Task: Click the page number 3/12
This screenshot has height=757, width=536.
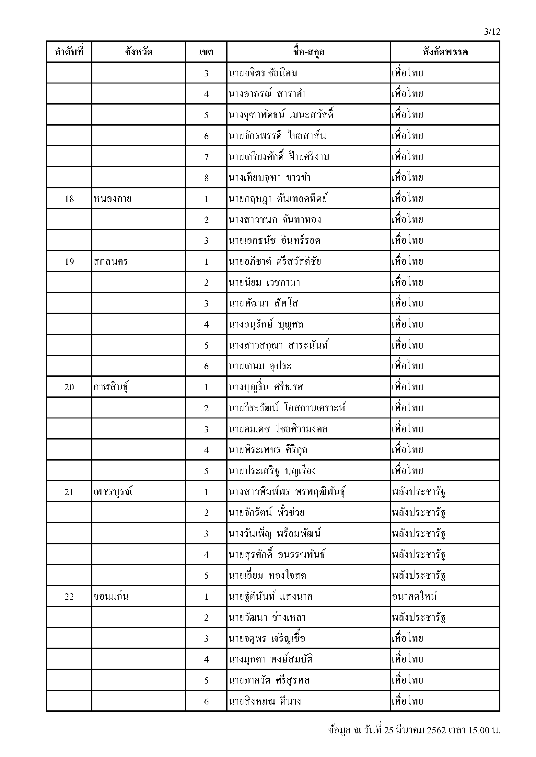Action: click(x=492, y=32)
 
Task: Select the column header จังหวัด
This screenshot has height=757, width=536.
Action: click(x=139, y=52)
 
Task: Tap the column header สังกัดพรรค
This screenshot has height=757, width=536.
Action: click(x=445, y=52)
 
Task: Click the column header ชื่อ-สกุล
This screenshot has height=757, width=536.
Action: click(x=308, y=52)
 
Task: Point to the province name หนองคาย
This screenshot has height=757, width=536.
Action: click(x=112, y=199)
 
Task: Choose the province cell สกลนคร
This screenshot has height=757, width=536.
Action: click(x=111, y=262)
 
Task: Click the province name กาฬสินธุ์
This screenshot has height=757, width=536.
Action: click(x=111, y=387)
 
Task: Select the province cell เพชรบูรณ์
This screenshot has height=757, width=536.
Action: click(x=113, y=492)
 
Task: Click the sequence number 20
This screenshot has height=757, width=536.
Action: click(x=69, y=387)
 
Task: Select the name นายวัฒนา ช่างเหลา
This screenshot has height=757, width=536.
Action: click(x=267, y=618)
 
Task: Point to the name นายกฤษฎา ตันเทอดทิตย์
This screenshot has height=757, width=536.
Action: click(x=278, y=199)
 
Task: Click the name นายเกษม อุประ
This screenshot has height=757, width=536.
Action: click(x=260, y=366)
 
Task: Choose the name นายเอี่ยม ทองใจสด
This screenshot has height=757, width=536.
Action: click(x=267, y=576)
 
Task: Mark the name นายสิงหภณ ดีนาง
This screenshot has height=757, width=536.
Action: click(x=265, y=701)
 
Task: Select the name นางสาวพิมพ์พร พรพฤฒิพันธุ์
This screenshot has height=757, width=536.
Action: click(x=287, y=492)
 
